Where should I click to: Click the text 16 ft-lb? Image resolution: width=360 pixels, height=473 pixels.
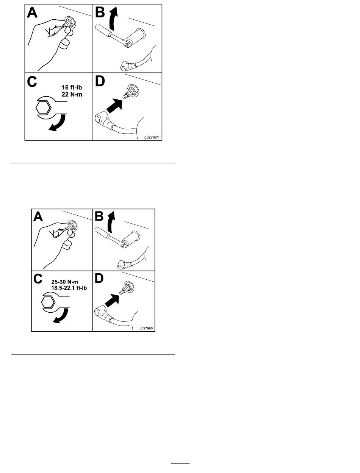(x=72, y=87)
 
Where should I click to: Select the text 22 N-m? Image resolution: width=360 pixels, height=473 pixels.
(x=72, y=94)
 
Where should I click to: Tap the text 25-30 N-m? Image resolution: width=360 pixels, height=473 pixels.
(x=65, y=282)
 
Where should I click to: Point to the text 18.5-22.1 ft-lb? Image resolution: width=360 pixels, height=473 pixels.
(x=69, y=288)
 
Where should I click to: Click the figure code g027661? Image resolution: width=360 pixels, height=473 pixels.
(x=152, y=137)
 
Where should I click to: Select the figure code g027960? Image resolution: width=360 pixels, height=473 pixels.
(x=146, y=328)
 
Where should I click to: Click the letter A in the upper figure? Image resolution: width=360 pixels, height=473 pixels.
(x=32, y=13)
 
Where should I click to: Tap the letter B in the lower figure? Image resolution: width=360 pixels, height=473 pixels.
(x=99, y=216)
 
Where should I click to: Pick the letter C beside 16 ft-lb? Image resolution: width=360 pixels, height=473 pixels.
(x=32, y=81)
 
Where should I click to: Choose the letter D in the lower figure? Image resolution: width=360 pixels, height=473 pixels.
(x=99, y=279)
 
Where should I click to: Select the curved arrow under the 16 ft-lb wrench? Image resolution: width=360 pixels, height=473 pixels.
(x=58, y=123)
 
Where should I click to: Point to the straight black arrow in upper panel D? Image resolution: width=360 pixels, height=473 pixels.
(x=114, y=106)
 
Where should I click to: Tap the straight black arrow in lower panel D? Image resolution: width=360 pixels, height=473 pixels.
(x=112, y=301)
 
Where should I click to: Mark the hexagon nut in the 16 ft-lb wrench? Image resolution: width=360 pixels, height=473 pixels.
(x=43, y=108)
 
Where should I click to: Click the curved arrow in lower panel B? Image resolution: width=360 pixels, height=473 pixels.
(x=111, y=222)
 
